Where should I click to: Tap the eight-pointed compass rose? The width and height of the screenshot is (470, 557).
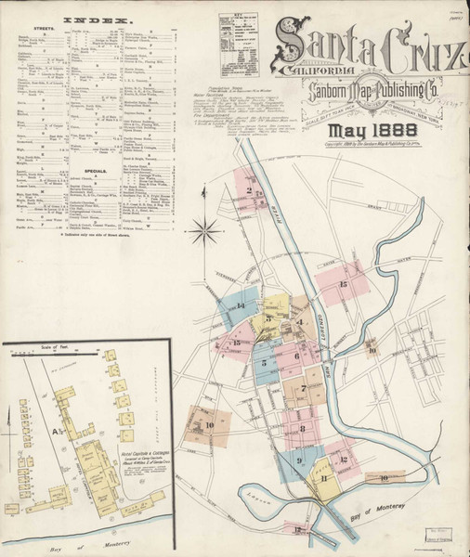pyautogui.click(x=210, y=226)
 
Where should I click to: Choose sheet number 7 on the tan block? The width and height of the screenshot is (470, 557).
pyautogui.click(x=303, y=388)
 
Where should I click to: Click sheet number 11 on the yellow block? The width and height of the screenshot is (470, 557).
pyautogui.click(x=324, y=477)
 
